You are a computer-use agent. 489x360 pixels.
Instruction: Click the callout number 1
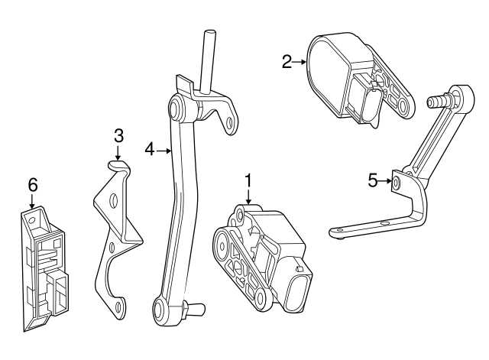click(x=248, y=180)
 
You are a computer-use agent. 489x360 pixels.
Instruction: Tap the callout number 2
click(x=287, y=62)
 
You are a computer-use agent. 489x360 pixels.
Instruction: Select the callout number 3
click(x=118, y=136)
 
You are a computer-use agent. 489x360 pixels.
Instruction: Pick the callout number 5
click(x=373, y=181)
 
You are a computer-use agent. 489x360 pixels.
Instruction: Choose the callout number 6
click(x=32, y=184)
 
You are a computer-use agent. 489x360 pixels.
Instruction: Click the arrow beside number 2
click(x=300, y=62)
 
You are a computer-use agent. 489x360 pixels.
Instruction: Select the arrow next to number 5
click(x=386, y=181)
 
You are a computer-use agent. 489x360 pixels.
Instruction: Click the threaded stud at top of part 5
click(x=439, y=101)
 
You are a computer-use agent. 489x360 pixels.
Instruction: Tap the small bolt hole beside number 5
click(x=397, y=182)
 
